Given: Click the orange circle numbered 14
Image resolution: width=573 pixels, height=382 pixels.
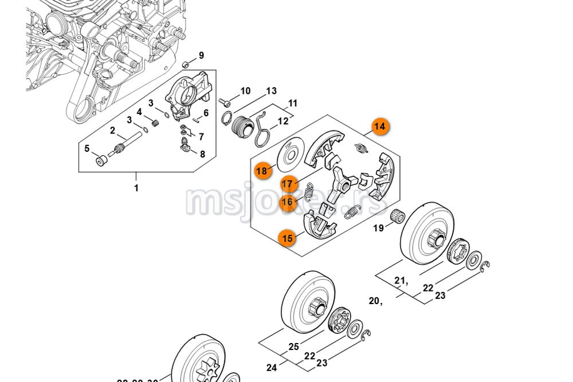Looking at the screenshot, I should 379,127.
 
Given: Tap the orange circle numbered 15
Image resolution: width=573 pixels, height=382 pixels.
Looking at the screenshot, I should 287,238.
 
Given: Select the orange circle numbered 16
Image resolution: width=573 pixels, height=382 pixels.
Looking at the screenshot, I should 287,202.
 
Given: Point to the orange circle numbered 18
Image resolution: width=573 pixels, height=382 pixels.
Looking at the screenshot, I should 262,171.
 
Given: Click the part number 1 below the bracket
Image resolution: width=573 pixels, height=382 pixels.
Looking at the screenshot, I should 136,188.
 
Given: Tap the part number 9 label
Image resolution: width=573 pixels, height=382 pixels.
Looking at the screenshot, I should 201,56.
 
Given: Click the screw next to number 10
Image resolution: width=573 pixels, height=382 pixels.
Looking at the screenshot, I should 225,103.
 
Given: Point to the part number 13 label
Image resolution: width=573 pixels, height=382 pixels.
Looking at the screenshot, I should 271,91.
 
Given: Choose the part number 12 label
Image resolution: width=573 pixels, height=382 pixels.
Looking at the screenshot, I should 283,121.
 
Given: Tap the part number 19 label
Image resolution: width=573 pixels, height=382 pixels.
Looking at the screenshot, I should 379,229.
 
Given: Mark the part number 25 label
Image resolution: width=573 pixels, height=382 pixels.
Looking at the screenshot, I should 293,346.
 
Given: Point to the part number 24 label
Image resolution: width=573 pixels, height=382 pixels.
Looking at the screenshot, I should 272,367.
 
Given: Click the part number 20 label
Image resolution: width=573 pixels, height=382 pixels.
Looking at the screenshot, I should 375,301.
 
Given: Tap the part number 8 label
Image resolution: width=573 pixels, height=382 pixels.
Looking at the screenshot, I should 202,153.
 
